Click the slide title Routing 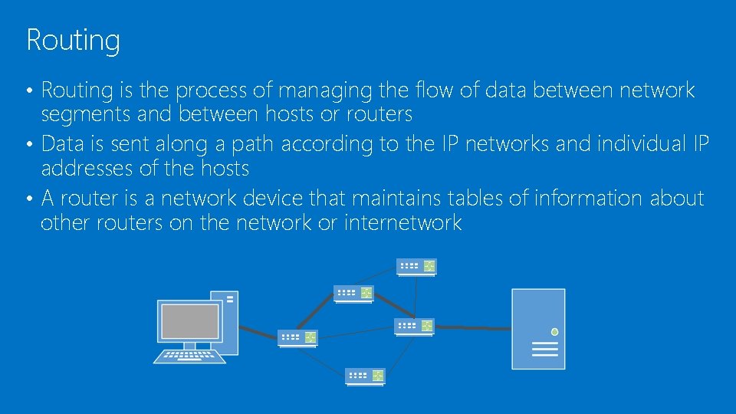(73, 40)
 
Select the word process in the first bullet (211, 91)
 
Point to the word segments (78, 115)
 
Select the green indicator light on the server (554, 332)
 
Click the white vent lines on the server (544, 350)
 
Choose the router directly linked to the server (415, 326)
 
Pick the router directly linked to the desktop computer (298, 337)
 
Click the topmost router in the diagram (416, 266)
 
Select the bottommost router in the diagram (365, 376)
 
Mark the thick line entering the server (472, 328)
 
